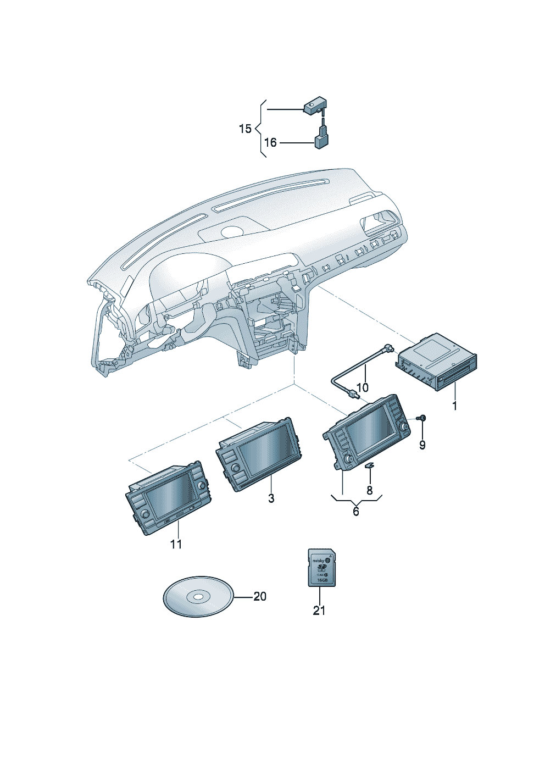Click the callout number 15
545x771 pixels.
coord(245,129)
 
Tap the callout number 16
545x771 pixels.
coord(270,143)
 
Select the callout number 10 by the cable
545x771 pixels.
coord(363,387)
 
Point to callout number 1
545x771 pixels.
coord(454,406)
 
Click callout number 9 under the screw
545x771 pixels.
coord(422,445)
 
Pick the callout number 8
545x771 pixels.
coord(370,490)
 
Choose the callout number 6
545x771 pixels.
coord(356,512)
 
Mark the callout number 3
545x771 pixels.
coord(271,498)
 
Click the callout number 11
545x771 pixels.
coord(176,544)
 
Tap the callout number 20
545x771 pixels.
coord(260,596)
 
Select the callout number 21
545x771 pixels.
coord(319,610)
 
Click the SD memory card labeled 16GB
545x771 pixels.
coord(320,567)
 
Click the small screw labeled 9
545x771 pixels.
coord(422,419)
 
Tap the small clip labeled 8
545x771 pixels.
coord(369,465)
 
